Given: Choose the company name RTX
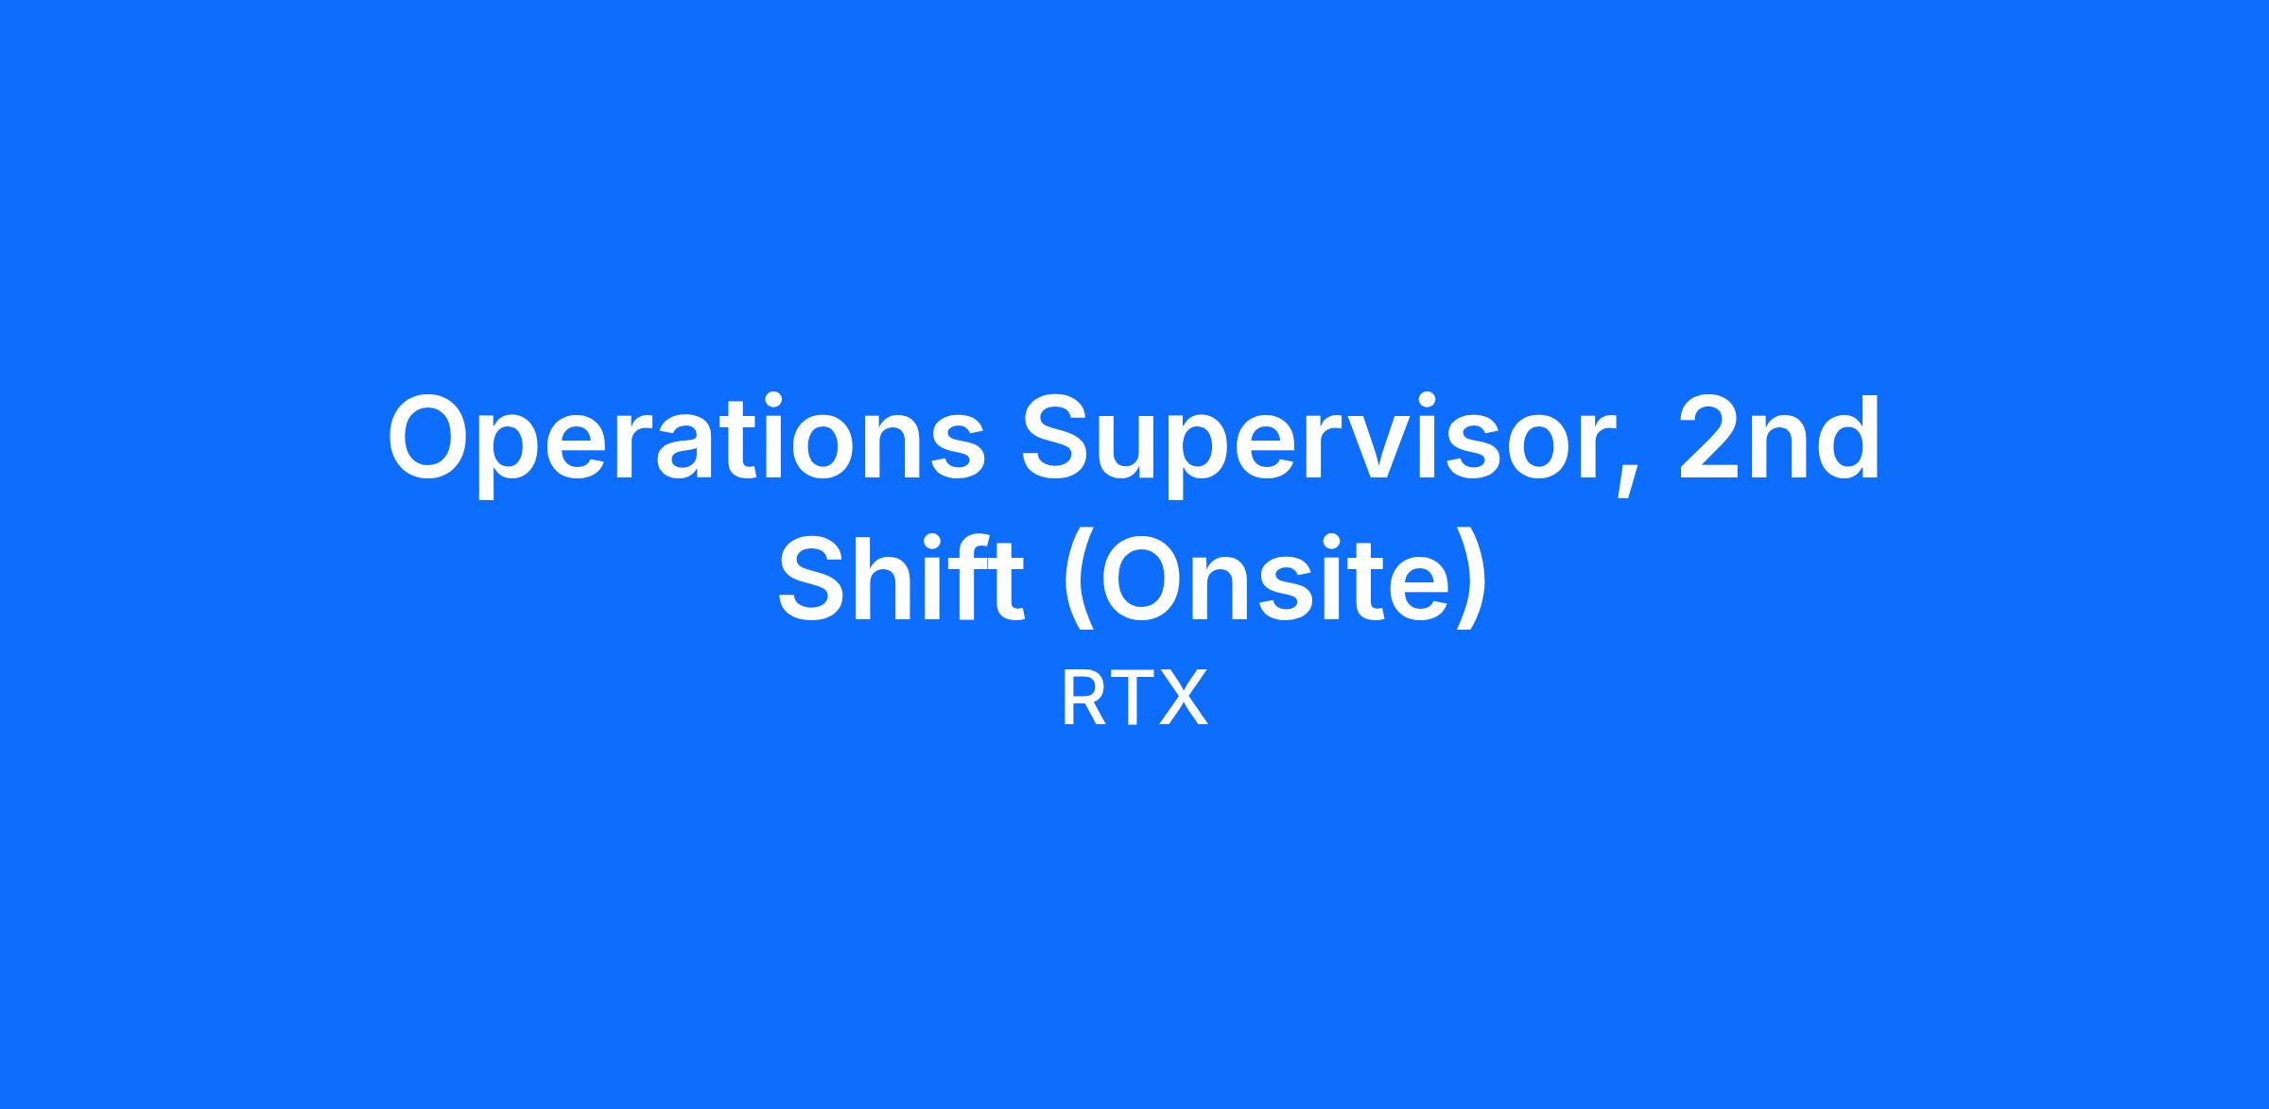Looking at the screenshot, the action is tap(1134, 699).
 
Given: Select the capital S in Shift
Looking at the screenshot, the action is tap(815, 578).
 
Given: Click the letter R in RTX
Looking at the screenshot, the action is tap(1083, 699).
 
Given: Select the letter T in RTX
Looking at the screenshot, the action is tap(1132, 699).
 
